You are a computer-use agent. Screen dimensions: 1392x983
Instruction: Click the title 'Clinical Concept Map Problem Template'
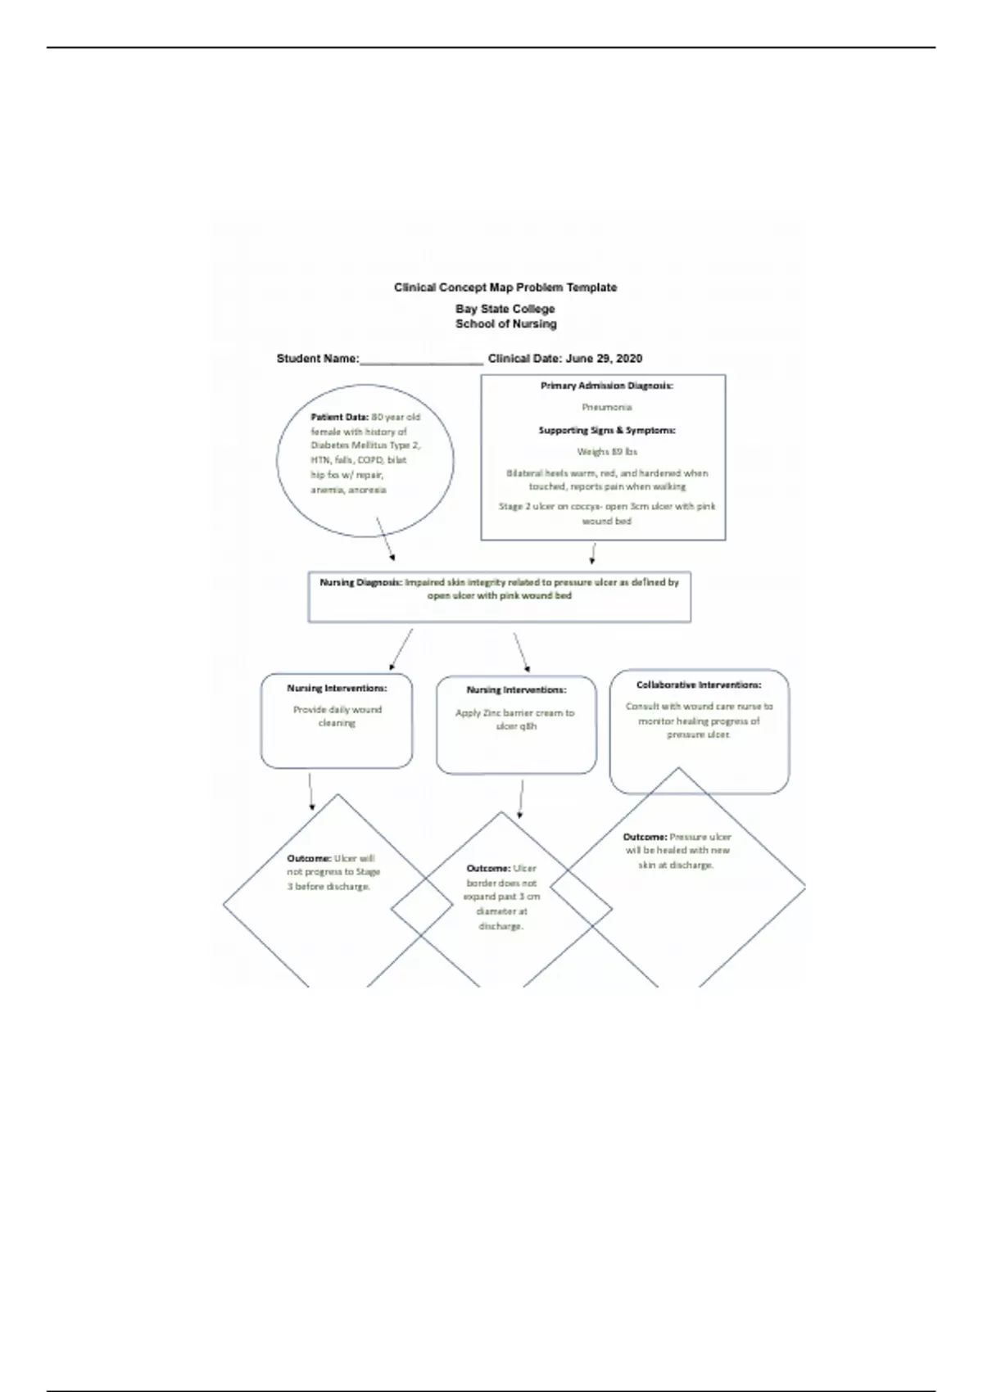point(505,287)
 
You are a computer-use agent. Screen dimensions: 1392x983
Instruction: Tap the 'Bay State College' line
point(505,309)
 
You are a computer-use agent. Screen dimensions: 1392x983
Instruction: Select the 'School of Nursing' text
point(505,324)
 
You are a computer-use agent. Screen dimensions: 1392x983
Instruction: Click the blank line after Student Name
point(421,360)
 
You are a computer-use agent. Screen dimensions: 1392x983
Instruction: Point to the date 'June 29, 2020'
point(604,359)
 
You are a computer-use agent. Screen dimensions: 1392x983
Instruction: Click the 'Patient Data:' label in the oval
point(339,417)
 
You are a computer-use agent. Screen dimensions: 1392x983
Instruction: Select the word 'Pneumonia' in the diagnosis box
point(606,407)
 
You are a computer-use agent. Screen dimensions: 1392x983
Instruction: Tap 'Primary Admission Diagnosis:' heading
point(606,385)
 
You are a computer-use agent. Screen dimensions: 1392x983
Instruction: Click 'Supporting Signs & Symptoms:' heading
point(606,430)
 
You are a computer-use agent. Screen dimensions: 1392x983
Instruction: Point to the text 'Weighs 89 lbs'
point(606,451)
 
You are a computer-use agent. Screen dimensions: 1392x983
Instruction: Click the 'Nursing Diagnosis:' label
point(360,582)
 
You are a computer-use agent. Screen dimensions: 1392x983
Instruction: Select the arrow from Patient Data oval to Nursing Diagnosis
point(385,539)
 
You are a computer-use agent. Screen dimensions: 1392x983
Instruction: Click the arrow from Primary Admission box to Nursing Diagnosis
point(591,554)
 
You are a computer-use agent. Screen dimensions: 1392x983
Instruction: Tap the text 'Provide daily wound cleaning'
point(337,716)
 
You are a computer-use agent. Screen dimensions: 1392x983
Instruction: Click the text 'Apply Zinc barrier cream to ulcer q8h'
point(515,719)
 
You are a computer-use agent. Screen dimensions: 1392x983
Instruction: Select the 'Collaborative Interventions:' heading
point(699,685)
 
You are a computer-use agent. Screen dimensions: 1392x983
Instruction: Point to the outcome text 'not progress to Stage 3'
point(333,873)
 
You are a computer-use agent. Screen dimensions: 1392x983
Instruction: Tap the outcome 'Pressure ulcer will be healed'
point(677,850)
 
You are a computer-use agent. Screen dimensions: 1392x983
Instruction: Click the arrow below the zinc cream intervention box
point(521,799)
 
